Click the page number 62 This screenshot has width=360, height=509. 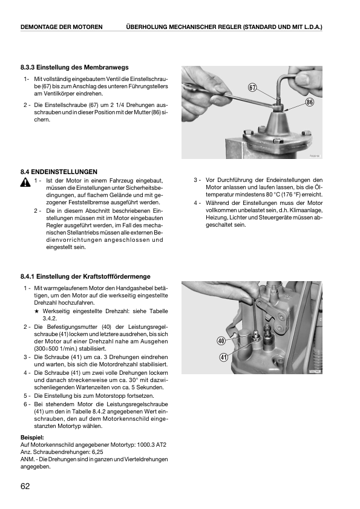pyautogui.click(x=25, y=486)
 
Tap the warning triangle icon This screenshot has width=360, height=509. pyautogui.click(x=25, y=183)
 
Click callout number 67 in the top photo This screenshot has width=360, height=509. pyautogui.click(x=252, y=87)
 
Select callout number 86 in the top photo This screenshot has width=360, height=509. pyautogui.click(x=309, y=102)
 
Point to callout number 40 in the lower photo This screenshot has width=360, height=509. pyautogui.click(x=221, y=341)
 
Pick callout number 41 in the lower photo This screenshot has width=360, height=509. pyautogui.click(x=223, y=357)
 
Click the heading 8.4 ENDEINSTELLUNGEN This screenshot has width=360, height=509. pyautogui.click(x=59, y=172)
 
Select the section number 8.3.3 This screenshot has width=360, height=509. pyautogui.click(x=28, y=68)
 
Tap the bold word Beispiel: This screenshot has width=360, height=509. pyautogui.click(x=32, y=438)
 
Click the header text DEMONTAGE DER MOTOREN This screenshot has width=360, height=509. pyautogui.click(x=61, y=27)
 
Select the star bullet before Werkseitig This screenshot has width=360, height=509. pyautogui.click(x=37, y=311)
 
